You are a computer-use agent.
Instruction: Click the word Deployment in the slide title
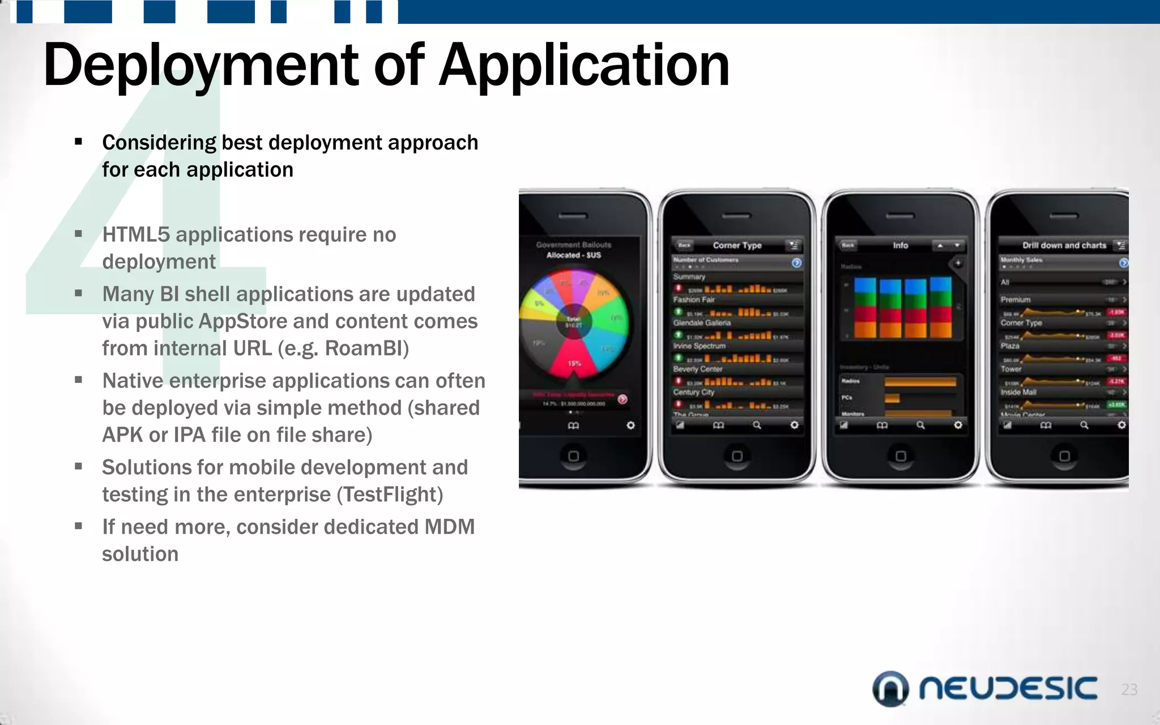pyautogui.click(x=201, y=67)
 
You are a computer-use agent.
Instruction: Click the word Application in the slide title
pyautogui.click(x=584, y=67)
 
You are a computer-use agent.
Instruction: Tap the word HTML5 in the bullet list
pyautogui.click(x=136, y=234)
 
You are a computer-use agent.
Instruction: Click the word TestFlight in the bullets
pyautogui.click(x=389, y=494)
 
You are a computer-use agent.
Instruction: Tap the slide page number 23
pyautogui.click(x=1129, y=689)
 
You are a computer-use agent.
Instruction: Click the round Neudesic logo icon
pyautogui.click(x=890, y=689)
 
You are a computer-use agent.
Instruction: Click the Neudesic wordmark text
pyautogui.click(x=1008, y=689)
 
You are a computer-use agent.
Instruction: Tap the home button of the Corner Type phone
pyautogui.click(x=737, y=456)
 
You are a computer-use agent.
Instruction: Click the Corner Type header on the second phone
pyautogui.click(x=737, y=245)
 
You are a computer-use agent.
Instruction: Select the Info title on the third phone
pyautogui.click(x=900, y=245)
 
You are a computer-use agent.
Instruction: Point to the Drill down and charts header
pyautogui.click(x=1064, y=245)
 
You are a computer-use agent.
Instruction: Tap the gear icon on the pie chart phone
pyautogui.click(x=630, y=425)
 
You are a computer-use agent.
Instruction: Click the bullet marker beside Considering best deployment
pyautogui.click(x=79, y=142)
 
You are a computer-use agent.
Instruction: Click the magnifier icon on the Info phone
pyautogui.click(x=920, y=425)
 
